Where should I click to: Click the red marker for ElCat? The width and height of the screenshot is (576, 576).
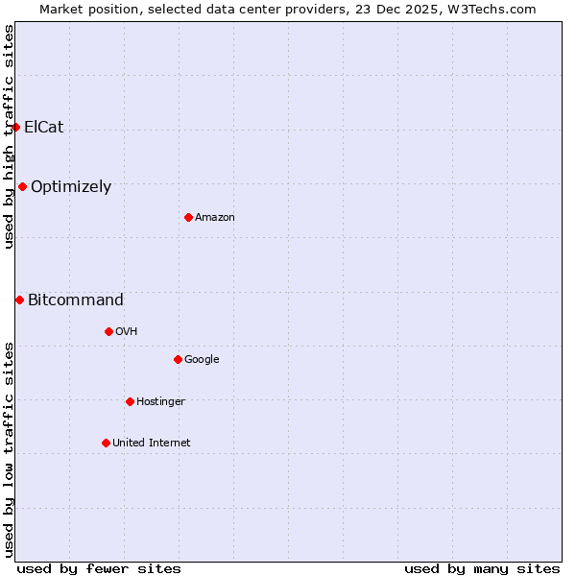15,127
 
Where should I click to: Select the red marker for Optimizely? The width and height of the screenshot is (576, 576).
22,186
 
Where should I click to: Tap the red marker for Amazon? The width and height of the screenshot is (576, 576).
188,217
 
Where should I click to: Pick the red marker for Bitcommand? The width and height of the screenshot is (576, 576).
19,300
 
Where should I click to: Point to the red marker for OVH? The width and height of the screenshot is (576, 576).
108,331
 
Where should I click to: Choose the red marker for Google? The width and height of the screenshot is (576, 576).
178,359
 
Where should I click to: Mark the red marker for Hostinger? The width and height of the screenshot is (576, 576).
130,401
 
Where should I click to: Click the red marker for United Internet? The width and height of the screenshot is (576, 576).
106,443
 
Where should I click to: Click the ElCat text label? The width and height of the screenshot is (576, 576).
44,127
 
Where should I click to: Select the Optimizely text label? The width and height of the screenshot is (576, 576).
71,187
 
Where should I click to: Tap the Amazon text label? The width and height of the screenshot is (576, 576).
215,218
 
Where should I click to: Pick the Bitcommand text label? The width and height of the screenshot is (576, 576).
76,300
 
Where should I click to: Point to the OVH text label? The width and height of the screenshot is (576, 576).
127,332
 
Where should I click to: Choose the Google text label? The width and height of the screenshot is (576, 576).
202,360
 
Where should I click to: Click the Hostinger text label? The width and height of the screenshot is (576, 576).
160,402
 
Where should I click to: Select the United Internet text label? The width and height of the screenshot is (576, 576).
152,444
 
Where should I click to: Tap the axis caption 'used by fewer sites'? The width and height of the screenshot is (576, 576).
99,568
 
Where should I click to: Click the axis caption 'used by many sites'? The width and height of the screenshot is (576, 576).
482,568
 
